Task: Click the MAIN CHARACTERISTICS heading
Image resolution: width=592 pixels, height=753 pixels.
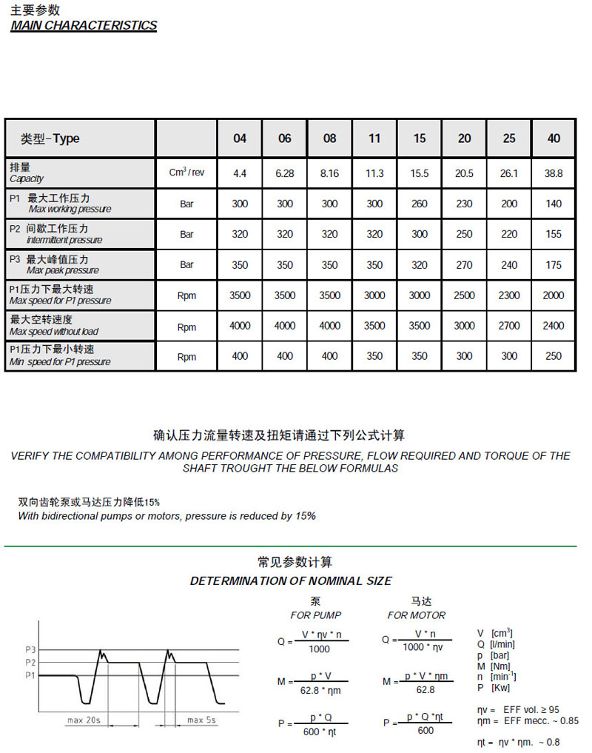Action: coord(84,25)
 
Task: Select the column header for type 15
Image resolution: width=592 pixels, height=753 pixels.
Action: coord(420,138)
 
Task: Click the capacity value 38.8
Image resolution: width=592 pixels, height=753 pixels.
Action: coord(554,173)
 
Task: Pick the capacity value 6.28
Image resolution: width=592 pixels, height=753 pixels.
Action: coord(285,173)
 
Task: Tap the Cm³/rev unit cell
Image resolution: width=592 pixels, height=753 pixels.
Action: coord(186,173)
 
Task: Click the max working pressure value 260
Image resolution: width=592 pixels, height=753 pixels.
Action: coord(420,204)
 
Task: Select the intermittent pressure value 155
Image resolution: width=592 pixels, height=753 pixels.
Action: coord(554,234)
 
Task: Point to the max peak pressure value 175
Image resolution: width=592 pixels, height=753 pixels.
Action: coord(554,265)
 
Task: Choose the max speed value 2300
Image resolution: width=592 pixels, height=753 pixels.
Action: coord(509,295)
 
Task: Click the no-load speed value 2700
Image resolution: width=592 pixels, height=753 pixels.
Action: coord(509,326)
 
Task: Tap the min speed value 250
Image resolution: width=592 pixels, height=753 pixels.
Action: coord(554,356)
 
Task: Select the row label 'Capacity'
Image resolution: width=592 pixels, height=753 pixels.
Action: coord(27,178)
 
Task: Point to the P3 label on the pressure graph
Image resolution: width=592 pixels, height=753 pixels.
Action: coord(30,649)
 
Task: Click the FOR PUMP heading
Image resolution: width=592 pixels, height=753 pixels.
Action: coord(316,615)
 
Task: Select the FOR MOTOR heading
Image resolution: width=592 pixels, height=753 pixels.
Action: coord(417,615)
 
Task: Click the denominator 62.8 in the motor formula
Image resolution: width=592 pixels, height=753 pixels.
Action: coord(425,690)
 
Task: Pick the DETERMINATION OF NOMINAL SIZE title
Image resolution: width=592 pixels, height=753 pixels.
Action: coord(291,580)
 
